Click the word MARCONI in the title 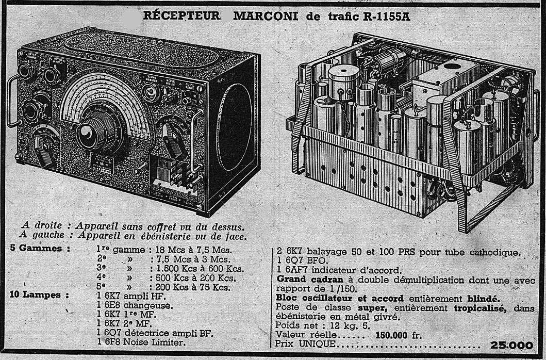point(266,15)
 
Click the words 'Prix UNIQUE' point(306,344)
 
